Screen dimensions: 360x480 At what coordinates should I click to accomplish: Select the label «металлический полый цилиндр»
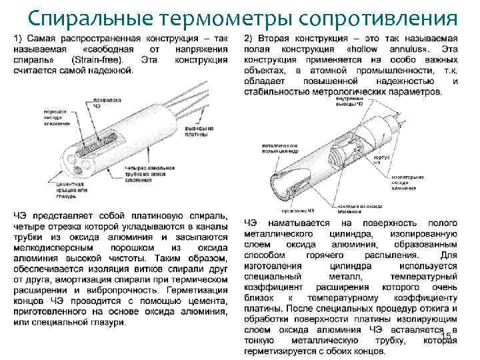279,146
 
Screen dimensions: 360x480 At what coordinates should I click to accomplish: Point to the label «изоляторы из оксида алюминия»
407,181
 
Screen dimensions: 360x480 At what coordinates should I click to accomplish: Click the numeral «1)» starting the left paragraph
19,39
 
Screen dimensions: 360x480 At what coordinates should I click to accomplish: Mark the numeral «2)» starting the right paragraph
249,39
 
